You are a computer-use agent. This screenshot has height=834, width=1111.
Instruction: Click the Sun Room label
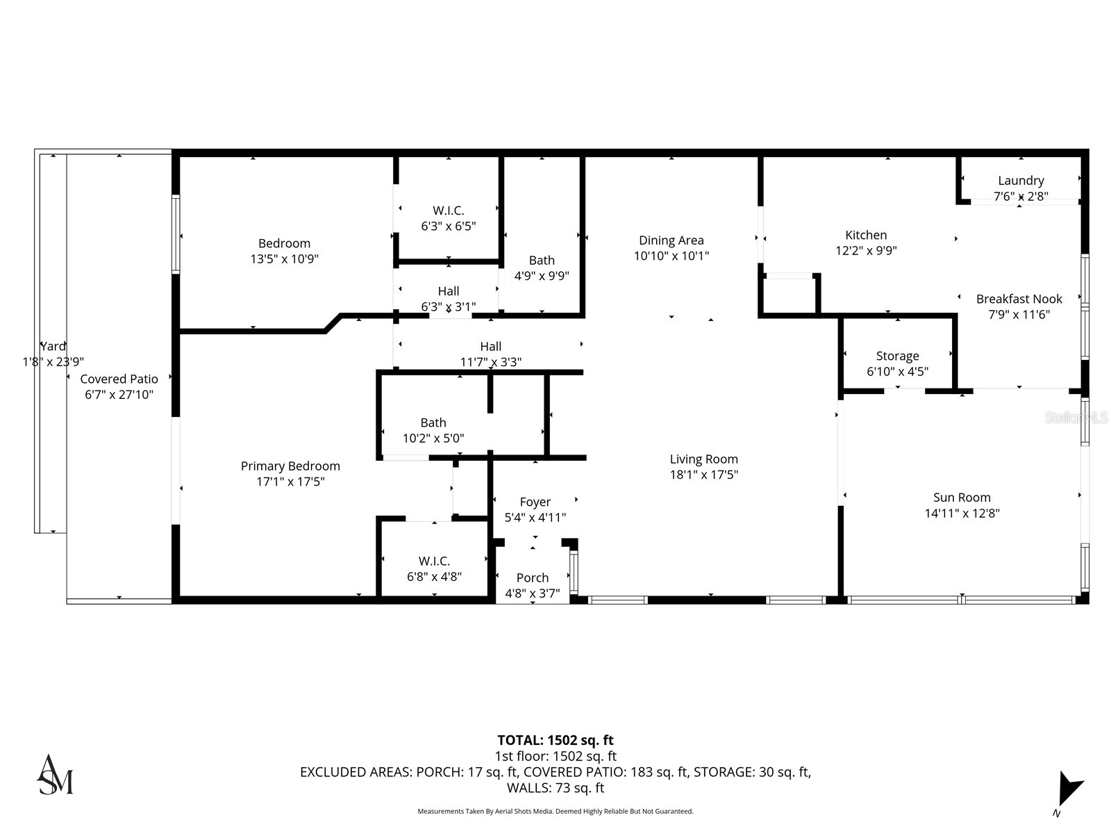[962, 498]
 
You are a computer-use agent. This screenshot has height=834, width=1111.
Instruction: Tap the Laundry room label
[1021, 181]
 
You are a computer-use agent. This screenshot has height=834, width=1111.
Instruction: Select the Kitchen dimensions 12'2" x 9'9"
[866, 251]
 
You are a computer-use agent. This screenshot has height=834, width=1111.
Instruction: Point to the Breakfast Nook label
[1019, 299]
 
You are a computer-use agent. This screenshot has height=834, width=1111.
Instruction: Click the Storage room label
[897, 356]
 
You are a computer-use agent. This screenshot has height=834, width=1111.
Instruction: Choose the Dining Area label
[671, 240]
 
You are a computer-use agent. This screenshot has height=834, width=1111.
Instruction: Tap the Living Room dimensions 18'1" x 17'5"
[703, 475]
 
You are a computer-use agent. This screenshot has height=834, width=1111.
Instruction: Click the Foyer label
[535, 502]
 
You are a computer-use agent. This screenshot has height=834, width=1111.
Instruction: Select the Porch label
[533, 578]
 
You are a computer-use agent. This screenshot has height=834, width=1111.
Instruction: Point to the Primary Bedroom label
[290, 466]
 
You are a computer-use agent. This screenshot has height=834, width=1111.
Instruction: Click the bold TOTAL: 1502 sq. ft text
[555, 740]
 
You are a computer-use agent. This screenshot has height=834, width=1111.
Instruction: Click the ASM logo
[55, 774]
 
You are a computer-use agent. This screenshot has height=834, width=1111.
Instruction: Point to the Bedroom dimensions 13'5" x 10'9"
[284, 259]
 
